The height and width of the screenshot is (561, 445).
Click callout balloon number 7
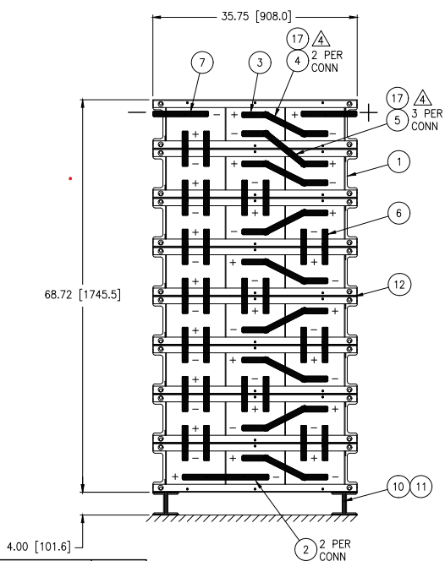pos(201,63)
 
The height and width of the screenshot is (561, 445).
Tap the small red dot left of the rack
pos(71,178)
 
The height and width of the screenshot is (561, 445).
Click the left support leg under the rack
pos(165,504)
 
